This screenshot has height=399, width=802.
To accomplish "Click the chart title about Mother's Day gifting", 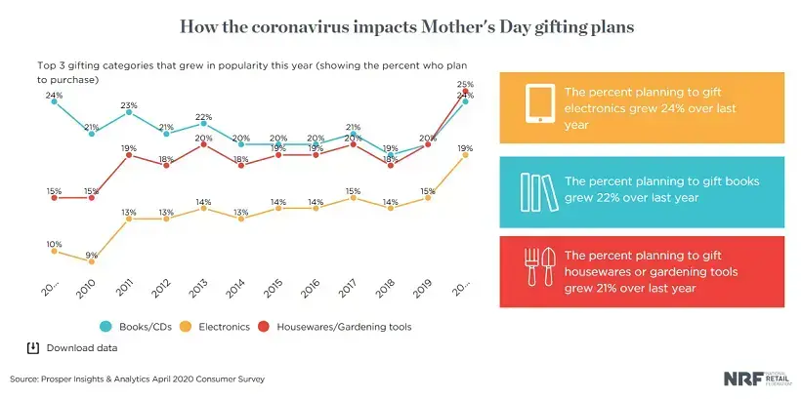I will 401,27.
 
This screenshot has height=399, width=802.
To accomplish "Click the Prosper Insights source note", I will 137,379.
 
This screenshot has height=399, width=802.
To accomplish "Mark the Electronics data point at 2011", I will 128,219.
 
